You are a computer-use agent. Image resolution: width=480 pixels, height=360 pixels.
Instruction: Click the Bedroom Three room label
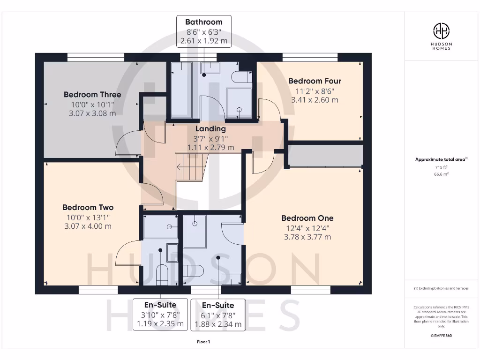(x=92, y=95)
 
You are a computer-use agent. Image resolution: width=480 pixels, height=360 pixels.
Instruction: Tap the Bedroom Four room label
(x=315, y=81)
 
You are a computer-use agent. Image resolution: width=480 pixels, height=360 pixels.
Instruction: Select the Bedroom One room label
(x=307, y=218)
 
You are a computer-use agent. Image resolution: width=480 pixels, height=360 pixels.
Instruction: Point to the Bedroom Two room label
(x=88, y=207)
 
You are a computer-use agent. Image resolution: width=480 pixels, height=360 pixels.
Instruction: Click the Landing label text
(x=210, y=129)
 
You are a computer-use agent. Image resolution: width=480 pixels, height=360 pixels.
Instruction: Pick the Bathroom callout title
(x=204, y=22)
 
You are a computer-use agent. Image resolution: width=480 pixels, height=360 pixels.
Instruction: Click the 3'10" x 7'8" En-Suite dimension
(x=160, y=315)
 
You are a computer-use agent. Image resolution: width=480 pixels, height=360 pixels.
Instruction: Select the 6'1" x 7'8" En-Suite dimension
(x=218, y=315)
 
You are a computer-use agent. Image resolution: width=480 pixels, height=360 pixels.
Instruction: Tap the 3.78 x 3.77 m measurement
(x=307, y=237)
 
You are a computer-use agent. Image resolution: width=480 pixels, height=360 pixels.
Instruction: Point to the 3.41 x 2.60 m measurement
(x=315, y=100)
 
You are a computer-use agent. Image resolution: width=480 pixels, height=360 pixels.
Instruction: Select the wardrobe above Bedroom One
(x=325, y=156)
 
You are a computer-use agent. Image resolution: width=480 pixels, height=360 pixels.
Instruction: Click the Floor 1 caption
(x=203, y=342)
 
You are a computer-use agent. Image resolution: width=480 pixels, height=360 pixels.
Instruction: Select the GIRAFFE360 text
(x=441, y=336)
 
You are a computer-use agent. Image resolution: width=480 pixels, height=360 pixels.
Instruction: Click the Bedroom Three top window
(x=96, y=57)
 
